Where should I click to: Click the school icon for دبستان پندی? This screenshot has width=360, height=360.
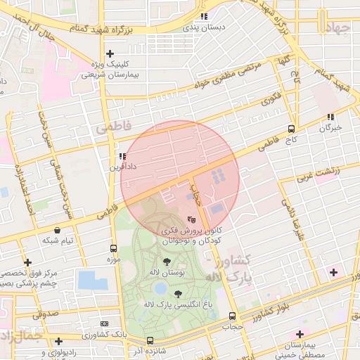pos(204,16)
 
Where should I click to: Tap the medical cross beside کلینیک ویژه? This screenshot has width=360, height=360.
pos(110,53)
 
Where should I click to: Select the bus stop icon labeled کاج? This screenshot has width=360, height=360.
pos(291,129)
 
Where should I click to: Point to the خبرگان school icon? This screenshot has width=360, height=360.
pos(330,117)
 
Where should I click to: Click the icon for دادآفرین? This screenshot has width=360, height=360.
pos(122,157)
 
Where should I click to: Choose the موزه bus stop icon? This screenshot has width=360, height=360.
pos(113,248)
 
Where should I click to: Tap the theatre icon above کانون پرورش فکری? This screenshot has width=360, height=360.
pos(192,219)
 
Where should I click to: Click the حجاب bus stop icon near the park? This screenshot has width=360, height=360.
pos(232,316)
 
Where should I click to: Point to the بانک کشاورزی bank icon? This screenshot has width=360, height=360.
pos(105,323)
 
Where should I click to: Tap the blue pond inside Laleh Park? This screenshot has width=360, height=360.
pos(161,288)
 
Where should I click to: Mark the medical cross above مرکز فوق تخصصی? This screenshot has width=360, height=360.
pos(27,262)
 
